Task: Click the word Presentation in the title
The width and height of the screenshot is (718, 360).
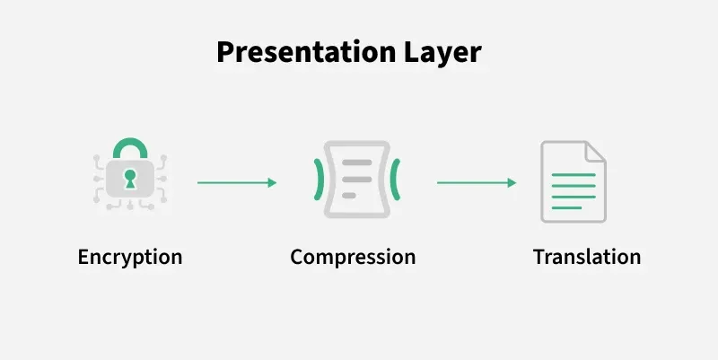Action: [306, 53]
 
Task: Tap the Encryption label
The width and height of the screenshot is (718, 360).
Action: [130, 258]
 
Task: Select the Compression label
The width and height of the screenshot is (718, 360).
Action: [353, 258]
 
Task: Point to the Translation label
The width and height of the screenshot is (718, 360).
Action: [587, 257]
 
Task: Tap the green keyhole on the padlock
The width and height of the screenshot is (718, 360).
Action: [130, 179]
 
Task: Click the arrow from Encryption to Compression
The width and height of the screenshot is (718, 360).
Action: [237, 183]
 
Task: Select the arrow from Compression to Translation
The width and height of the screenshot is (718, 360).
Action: [477, 183]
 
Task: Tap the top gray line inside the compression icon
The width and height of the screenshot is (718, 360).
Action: [357, 162]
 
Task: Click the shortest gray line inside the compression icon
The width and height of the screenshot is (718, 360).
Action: [349, 196]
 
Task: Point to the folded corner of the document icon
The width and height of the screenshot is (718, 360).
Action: [595, 152]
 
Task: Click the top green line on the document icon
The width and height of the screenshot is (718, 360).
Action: [574, 175]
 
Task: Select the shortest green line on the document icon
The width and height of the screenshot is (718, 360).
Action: [566, 208]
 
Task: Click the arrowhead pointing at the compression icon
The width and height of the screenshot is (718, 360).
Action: [273, 183]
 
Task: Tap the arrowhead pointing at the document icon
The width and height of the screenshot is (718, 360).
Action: [512, 183]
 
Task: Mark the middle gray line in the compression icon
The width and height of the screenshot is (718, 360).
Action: [357, 179]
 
